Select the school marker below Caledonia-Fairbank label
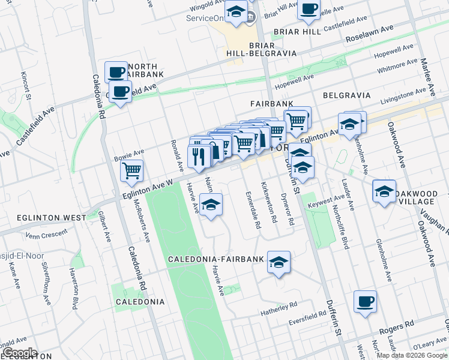pyautogui.click(x=279, y=262)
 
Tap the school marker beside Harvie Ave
pyautogui.click(x=211, y=205)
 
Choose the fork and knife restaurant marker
pyautogui.click(x=199, y=157)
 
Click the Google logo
pyautogui.click(x=19, y=353)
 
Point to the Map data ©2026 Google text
pyautogui.click(x=412, y=355)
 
